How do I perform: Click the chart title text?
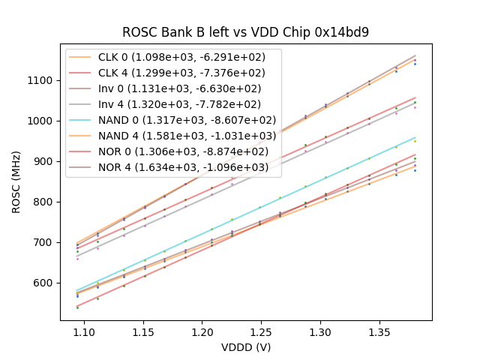(x=246, y=32)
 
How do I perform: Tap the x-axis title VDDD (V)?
(x=246, y=347)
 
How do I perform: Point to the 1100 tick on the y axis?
(x=42, y=80)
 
